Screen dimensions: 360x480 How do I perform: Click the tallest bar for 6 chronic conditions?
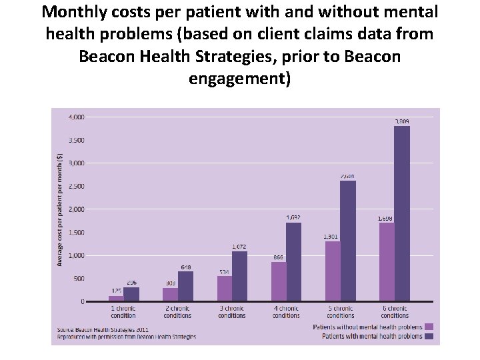(x=401, y=213)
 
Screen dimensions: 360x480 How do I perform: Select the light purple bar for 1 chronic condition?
(x=116, y=299)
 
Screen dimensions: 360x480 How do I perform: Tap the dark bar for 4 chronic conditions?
(x=293, y=261)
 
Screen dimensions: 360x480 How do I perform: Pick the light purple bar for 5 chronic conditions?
(x=333, y=271)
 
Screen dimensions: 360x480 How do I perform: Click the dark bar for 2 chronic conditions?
(x=185, y=286)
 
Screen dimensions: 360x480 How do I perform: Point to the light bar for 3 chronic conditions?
(x=225, y=289)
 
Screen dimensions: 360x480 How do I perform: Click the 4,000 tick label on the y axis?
(x=76, y=117)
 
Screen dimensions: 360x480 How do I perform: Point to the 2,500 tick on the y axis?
(x=76, y=186)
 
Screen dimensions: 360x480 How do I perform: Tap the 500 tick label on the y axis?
(x=79, y=279)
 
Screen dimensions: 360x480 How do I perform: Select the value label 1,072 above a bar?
(x=239, y=247)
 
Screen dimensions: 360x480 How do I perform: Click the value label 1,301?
(x=331, y=237)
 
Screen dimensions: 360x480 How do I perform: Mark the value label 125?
(x=115, y=291)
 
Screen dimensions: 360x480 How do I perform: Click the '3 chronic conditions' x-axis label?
(x=231, y=312)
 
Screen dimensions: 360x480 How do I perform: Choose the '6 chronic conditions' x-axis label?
(x=395, y=312)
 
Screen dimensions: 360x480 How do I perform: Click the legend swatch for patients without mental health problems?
(x=429, y=327)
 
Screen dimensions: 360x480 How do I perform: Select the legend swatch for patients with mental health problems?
(x=429, y=337)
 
